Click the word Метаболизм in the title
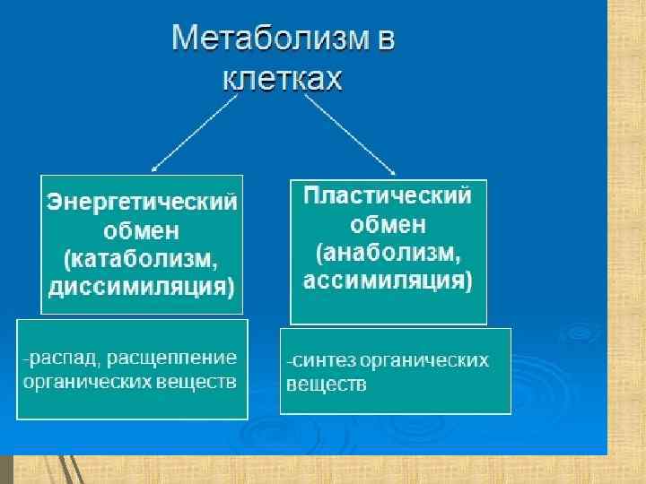264,40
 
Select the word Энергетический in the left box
143,201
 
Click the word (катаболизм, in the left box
143,260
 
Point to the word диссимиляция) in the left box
143,289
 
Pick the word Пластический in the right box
388,196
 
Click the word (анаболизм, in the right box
388,254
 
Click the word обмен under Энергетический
143,231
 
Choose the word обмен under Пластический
388,225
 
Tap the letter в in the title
385,40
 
